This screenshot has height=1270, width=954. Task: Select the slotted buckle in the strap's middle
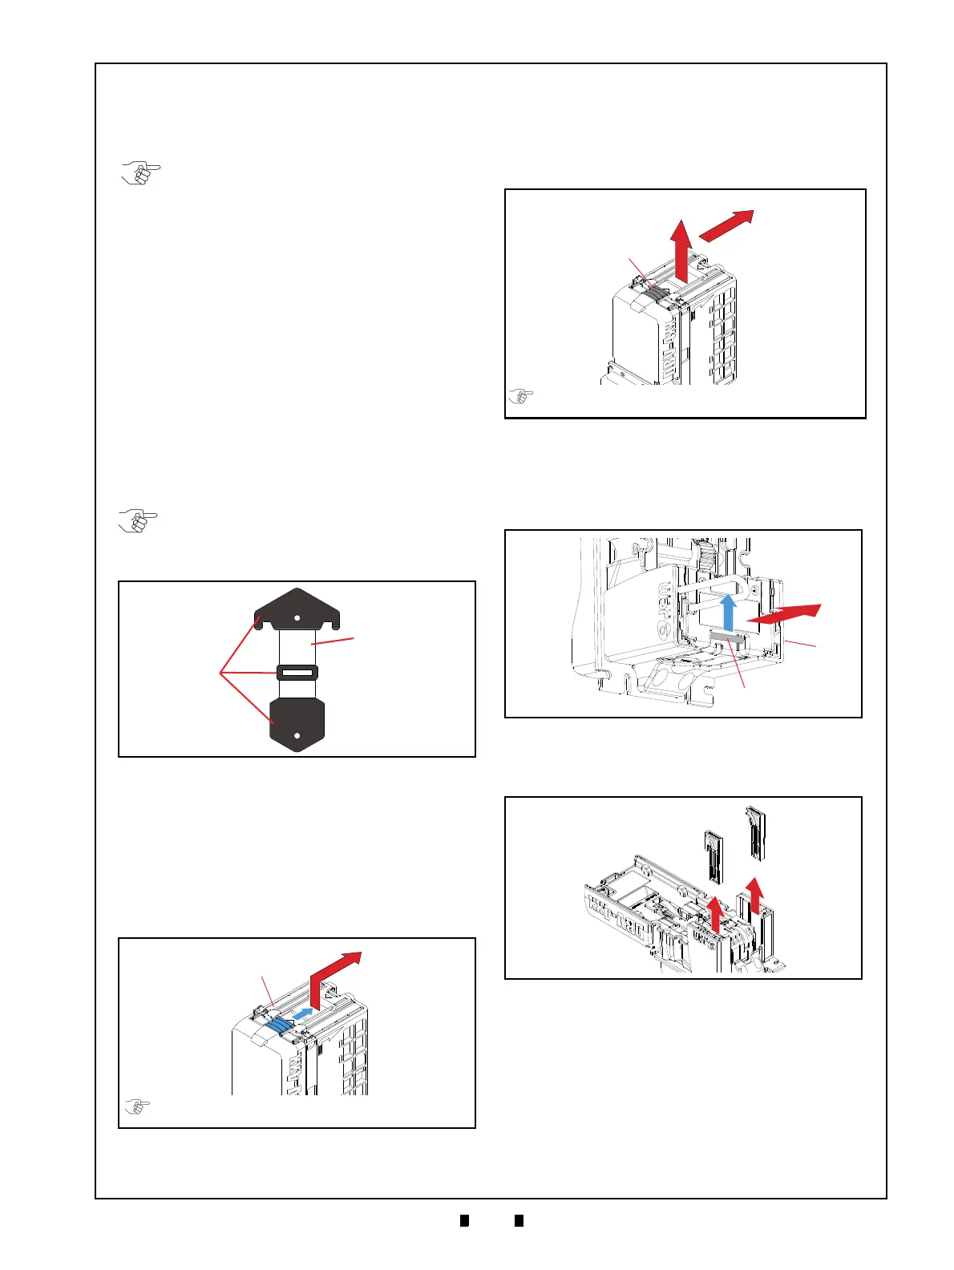point(297,673)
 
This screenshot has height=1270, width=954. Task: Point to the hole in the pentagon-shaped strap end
point(297,618)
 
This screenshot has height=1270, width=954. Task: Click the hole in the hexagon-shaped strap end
point(297,734)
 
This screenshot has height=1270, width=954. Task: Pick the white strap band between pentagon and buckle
point(297,645)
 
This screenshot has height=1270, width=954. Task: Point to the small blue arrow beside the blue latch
point(301,1014)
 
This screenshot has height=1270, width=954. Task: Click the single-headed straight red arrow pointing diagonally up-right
point(727,224)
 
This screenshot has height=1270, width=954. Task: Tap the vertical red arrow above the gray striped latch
point(681,250)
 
